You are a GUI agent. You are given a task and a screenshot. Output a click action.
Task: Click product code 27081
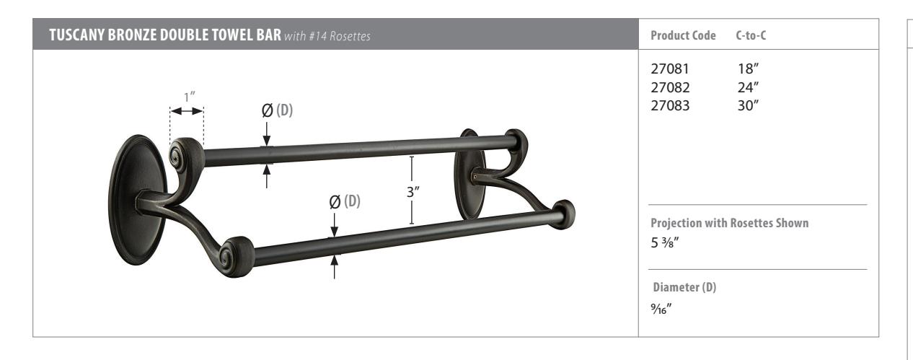tap(670, 69)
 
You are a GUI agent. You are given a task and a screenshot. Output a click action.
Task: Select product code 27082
tap(670, 87)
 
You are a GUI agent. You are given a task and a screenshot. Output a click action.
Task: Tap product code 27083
tap(670, 105)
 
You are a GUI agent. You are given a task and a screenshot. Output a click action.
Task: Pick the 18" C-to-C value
tap(748, 69)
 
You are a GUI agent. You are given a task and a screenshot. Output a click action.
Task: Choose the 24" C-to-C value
tap(748, 87)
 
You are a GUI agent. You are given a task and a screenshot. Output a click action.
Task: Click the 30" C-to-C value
tap(748, 105)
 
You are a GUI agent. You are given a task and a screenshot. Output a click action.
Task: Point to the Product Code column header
tap(683, 35)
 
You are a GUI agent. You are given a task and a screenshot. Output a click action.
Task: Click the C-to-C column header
tap(751, 35)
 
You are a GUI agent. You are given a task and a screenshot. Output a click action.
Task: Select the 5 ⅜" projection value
tap(665, 242)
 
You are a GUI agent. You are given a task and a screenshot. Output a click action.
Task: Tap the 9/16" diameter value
tap(661, 309)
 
